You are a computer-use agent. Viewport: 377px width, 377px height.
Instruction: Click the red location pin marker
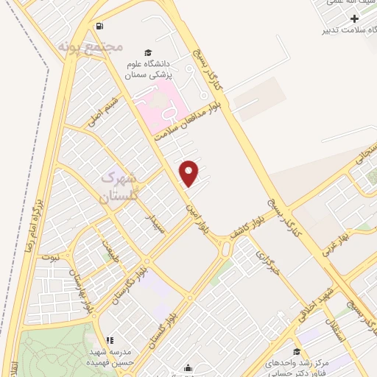[190, 172]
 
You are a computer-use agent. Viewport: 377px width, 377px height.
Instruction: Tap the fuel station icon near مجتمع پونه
[99, 27]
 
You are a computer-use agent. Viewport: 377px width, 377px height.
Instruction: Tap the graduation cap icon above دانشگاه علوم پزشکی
[148, 52]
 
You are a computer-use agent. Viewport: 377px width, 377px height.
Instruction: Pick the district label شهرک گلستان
[119, 188]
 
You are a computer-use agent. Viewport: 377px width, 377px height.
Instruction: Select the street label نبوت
[51, 258]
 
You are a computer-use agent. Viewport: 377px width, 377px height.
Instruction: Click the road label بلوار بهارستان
[84, 289]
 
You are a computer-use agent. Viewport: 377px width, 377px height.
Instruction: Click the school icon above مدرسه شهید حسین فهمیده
[109, 341]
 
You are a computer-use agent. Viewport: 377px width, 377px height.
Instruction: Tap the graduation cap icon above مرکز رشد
[297, 351]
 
